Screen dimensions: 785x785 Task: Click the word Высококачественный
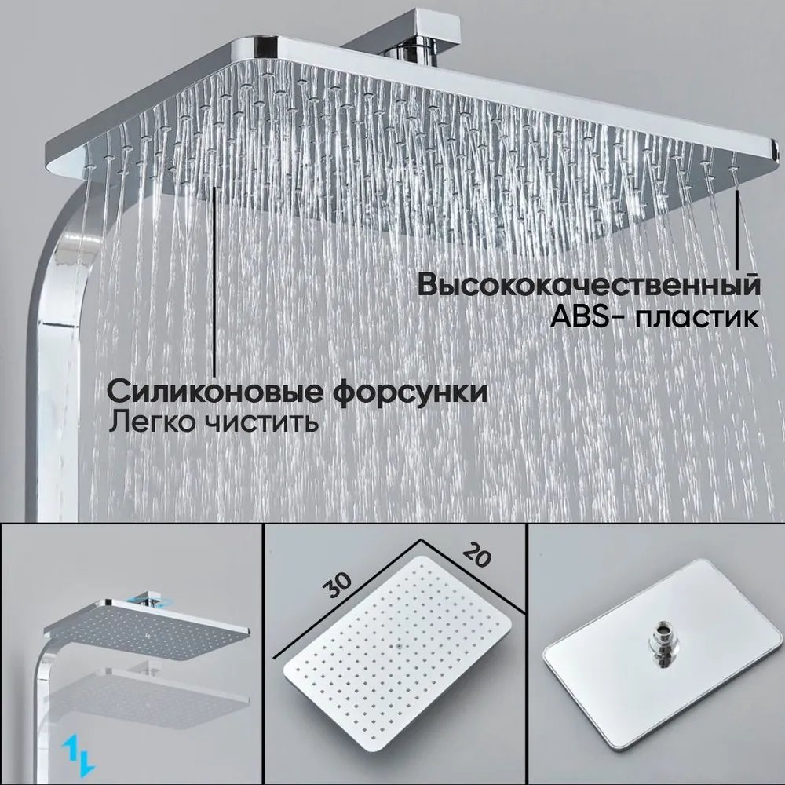point(589,284)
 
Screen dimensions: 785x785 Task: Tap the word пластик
point(697,317)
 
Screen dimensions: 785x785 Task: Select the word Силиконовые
point(215,392)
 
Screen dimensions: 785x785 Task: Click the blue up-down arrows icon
point(78,755)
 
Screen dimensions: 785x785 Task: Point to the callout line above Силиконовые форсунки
point(215,281)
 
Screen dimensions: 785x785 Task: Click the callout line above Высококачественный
point(736,229)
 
